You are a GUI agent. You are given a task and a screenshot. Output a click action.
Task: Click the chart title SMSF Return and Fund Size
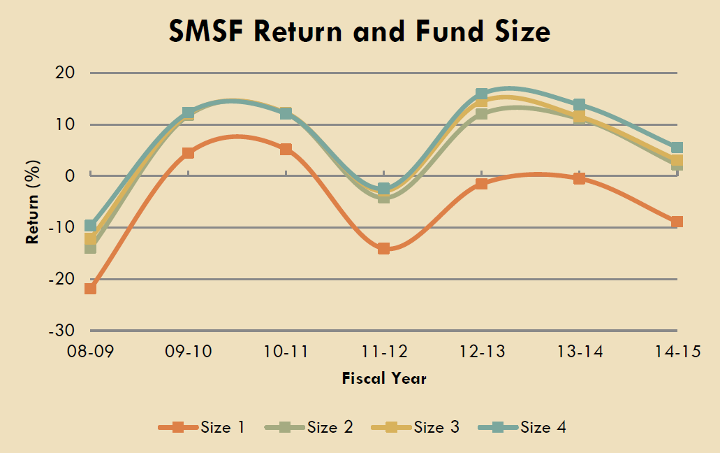(360, 31)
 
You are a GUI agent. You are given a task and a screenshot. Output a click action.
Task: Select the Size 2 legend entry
(309, 426)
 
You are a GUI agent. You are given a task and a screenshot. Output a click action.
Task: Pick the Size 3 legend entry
(416, 426)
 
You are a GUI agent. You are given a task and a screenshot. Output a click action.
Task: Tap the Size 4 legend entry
(522, 426)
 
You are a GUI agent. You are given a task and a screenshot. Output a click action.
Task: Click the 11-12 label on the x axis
(383, 352)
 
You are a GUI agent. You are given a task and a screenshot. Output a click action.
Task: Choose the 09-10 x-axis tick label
(188, 352)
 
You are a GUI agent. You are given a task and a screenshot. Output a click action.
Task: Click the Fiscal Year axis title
(383, 379)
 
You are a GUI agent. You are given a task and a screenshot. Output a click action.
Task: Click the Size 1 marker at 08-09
(90, 288)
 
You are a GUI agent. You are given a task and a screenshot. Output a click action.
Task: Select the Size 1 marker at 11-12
(383, 248)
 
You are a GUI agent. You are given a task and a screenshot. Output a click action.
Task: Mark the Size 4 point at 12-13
(481, 94)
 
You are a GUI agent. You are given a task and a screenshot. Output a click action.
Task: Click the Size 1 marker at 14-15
(677, 222)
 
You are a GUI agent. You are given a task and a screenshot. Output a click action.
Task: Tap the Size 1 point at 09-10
(188, 152)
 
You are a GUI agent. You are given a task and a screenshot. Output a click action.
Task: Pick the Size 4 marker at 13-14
(579, 105)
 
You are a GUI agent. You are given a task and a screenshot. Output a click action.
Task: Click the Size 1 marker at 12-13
(481, 184)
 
